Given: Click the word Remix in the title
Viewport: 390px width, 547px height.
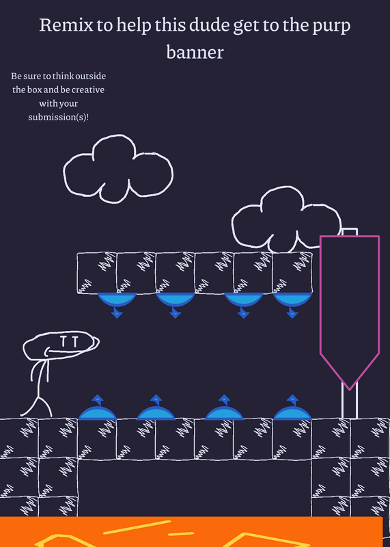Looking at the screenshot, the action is (x=66, y=25).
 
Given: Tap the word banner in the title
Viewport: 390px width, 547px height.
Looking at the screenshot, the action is (x=195, y=52).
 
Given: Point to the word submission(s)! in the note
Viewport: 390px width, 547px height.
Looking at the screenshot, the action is (x=59, y=117).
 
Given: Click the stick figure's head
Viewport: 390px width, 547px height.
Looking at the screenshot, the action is (x=61, y=345).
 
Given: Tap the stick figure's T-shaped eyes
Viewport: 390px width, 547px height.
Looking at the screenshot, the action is (x=69, y=342).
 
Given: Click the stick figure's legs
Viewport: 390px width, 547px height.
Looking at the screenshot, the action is (x=37, y=405).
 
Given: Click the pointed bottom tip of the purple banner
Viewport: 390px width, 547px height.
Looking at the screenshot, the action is (x=350, y=390).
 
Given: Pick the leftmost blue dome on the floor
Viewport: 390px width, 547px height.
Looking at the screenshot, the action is (x=97, y=414).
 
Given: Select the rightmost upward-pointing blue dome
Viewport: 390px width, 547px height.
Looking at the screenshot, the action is (x=292, y=414).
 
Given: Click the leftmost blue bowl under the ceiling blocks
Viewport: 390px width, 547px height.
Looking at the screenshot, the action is (x=117, y=299).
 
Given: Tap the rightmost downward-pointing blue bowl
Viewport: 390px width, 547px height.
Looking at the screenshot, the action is (x=292, y=299).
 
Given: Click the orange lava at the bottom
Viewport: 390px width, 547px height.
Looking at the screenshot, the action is (x=192, y=532).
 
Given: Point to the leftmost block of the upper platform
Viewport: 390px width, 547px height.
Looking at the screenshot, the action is (x=97, y=273).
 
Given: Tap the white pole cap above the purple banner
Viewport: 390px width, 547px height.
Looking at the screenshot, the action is (x=350, y=232).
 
